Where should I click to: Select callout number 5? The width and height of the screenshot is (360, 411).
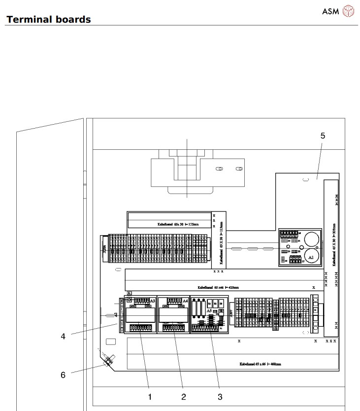(x=323, y=136)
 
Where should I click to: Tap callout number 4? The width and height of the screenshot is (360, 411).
(x=63, y=337)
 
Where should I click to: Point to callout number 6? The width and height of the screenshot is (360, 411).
(x=63, y=375)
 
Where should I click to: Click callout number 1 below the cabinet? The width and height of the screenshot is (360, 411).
(x=150, y=396)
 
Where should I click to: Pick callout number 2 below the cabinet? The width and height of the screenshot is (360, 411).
(x=184, y=396)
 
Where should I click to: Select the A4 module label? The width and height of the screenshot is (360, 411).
(x=185, y=300)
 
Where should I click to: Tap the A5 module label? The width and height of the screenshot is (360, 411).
(x=209, y=312)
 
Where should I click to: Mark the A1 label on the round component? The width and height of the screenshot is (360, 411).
(x=311, y=258)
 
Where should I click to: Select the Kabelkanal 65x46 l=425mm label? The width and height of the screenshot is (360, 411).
(x=218, y=286)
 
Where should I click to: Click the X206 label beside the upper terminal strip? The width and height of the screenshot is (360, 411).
(x=104, y=249)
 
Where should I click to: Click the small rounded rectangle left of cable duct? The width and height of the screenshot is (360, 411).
(x=111, y=342)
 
